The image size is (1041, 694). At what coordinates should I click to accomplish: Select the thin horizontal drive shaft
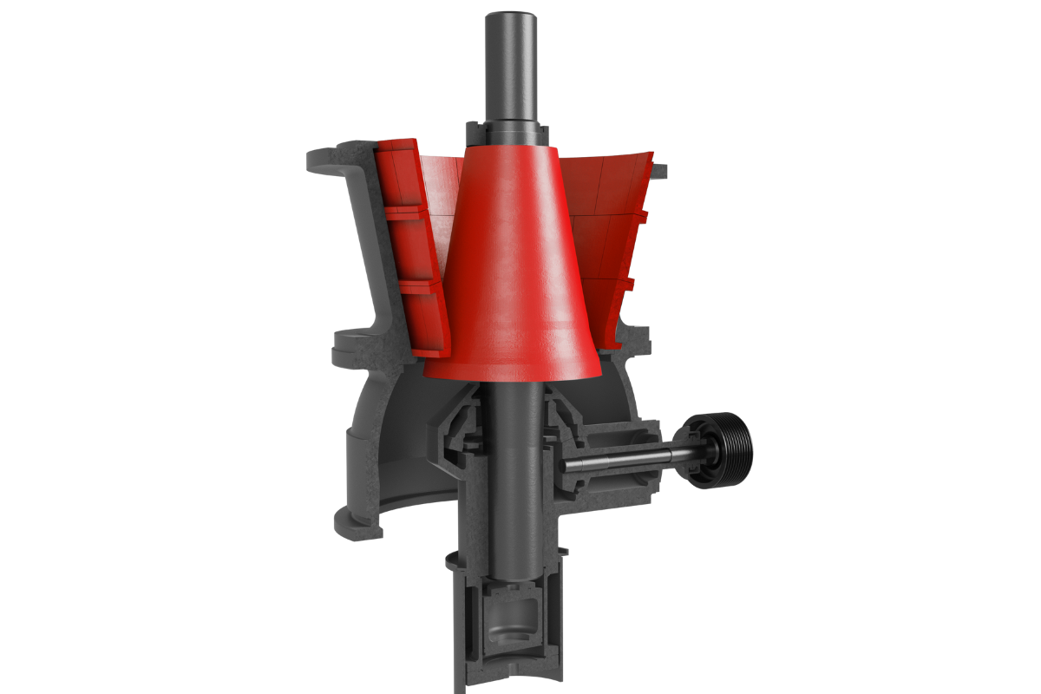point(625,462)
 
